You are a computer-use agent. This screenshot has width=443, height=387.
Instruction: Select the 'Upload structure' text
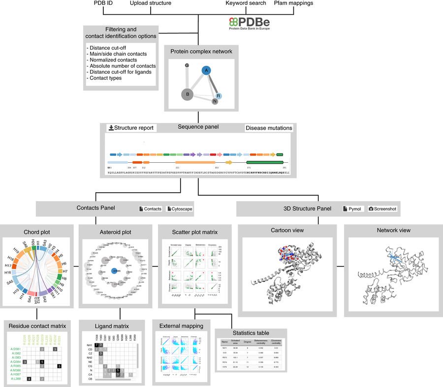coord(150,4)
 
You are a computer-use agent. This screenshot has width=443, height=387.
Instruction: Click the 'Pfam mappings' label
coord(293,4)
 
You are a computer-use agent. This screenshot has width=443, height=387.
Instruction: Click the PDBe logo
coord(250,23)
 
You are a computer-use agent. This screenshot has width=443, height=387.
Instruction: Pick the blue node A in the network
coord(206,71)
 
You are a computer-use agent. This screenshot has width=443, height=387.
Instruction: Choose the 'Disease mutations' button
coord(269,128)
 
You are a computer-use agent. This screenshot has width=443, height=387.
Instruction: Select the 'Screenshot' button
coord(382,209)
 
